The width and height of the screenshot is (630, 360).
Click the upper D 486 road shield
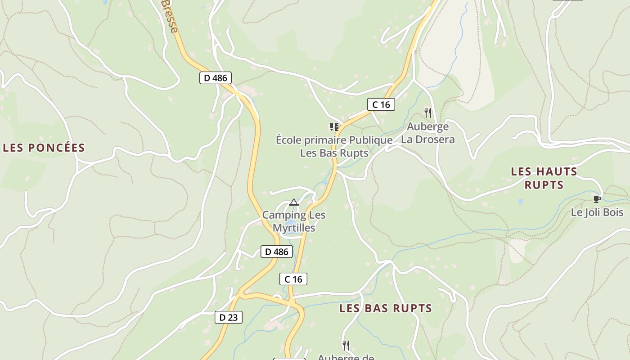215,78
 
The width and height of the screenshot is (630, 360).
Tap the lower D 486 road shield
276,252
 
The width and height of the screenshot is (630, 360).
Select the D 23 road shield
228,317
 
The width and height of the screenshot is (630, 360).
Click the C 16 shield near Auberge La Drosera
381,105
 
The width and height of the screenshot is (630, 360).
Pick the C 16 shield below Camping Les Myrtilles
293,279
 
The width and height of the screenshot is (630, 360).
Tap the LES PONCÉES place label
44,148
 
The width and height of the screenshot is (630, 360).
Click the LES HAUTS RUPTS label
544,178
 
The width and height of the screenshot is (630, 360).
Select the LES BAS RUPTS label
386,308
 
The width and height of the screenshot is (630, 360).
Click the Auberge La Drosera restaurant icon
427,112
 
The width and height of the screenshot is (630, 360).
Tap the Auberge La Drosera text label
427,133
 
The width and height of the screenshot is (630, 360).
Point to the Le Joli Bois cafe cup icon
597,199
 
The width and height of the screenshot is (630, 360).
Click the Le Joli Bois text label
597,212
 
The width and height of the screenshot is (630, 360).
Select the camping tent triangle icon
294,202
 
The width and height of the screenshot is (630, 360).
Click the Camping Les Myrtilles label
294,221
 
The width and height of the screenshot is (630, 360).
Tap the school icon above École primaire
334,127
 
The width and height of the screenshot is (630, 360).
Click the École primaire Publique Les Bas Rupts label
334,146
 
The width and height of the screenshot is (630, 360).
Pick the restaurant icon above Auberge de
346,345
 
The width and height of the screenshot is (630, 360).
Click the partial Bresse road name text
170,16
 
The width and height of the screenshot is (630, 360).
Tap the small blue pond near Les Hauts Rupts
521,202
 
